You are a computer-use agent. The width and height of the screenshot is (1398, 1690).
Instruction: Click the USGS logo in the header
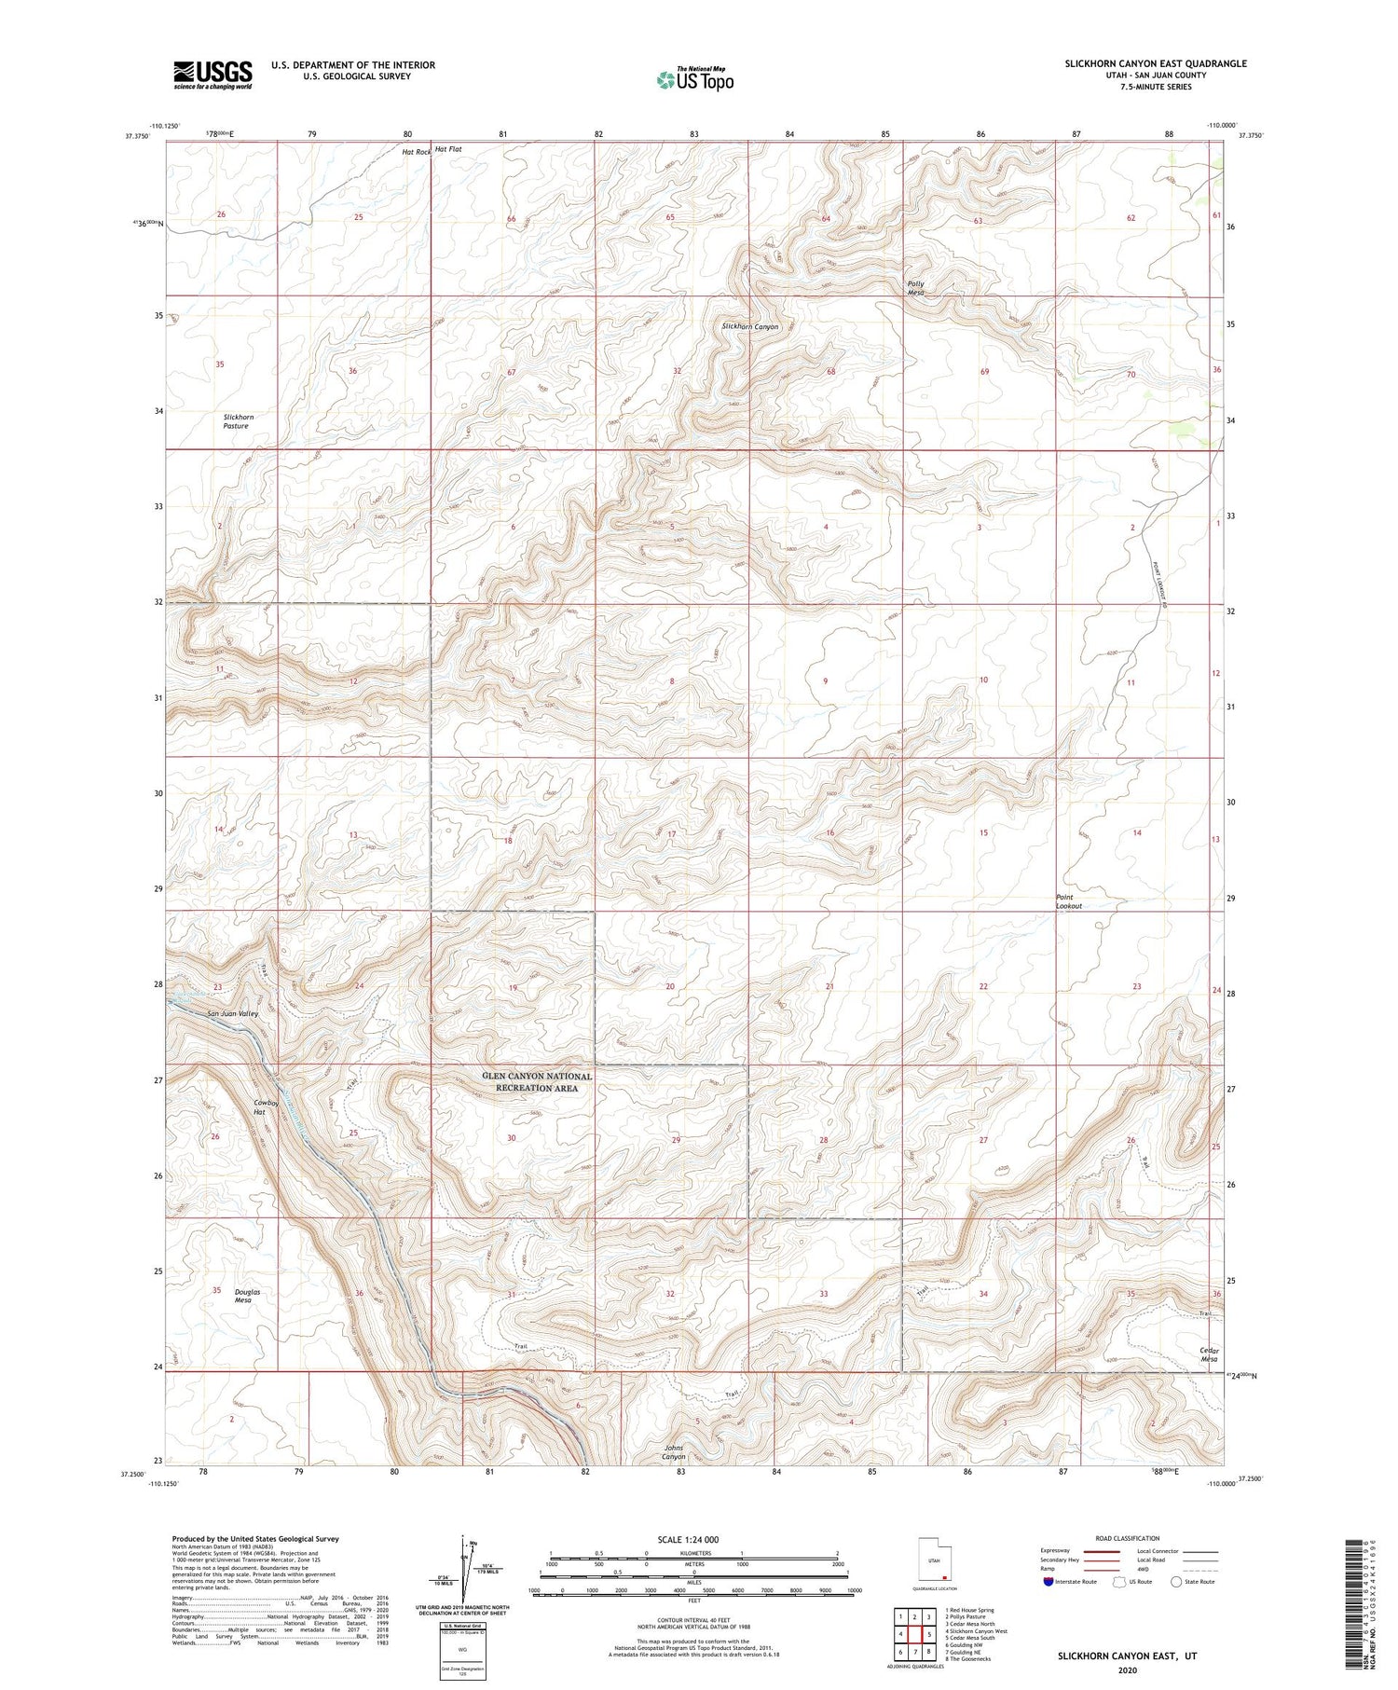212,75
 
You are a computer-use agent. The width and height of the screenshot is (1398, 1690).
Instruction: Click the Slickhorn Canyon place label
749,327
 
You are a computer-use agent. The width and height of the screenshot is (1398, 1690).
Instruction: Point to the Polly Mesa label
916,288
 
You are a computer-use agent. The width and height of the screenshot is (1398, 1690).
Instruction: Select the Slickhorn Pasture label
237,421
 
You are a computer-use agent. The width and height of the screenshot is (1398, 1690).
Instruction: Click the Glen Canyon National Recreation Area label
537,1082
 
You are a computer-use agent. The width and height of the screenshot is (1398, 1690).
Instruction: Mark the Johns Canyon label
674,1452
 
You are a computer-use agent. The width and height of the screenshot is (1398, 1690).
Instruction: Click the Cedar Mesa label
1209,1354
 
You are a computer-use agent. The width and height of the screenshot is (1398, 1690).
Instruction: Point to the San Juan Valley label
232,1013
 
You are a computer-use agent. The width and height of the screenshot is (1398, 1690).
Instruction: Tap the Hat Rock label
417,151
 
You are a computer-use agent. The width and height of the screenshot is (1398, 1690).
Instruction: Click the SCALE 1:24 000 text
693,1539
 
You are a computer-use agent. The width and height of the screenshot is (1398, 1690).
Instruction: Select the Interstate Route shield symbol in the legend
1048,1582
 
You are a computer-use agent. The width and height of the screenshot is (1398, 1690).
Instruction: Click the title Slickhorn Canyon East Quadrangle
1156,63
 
